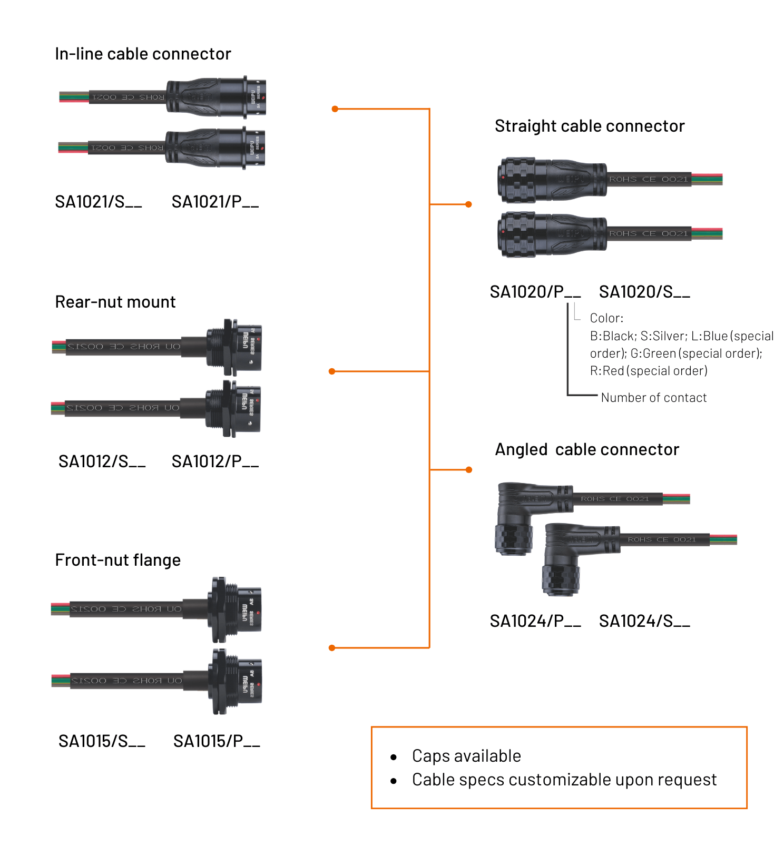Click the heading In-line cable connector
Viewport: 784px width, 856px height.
point(143,54)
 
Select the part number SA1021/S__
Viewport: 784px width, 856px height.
point(98,202)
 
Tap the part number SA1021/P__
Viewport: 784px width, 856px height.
point(215,202)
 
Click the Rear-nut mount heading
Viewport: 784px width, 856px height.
point(115,302)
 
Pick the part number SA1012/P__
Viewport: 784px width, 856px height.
point(215,461)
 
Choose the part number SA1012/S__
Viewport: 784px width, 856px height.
point(102,461)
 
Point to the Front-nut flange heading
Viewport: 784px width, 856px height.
point(117,560)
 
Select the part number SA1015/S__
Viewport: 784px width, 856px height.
point(102,741)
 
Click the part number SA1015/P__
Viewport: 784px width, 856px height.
point(217,741)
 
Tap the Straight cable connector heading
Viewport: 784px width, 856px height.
point(590,126)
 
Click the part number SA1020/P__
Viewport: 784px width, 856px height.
point(535,292)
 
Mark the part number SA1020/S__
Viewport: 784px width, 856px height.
point(644,292)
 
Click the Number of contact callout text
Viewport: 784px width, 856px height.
point(653,398)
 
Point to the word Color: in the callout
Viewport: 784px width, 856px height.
point(606,318)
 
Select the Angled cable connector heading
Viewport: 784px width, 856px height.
point(587,449)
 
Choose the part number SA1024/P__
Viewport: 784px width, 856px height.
point(535,621)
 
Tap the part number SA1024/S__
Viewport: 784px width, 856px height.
point(644,621)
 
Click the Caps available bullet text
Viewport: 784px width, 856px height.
point(466,756)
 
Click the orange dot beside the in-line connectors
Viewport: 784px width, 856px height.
point(335,109)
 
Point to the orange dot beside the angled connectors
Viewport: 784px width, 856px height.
point(469,469)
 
